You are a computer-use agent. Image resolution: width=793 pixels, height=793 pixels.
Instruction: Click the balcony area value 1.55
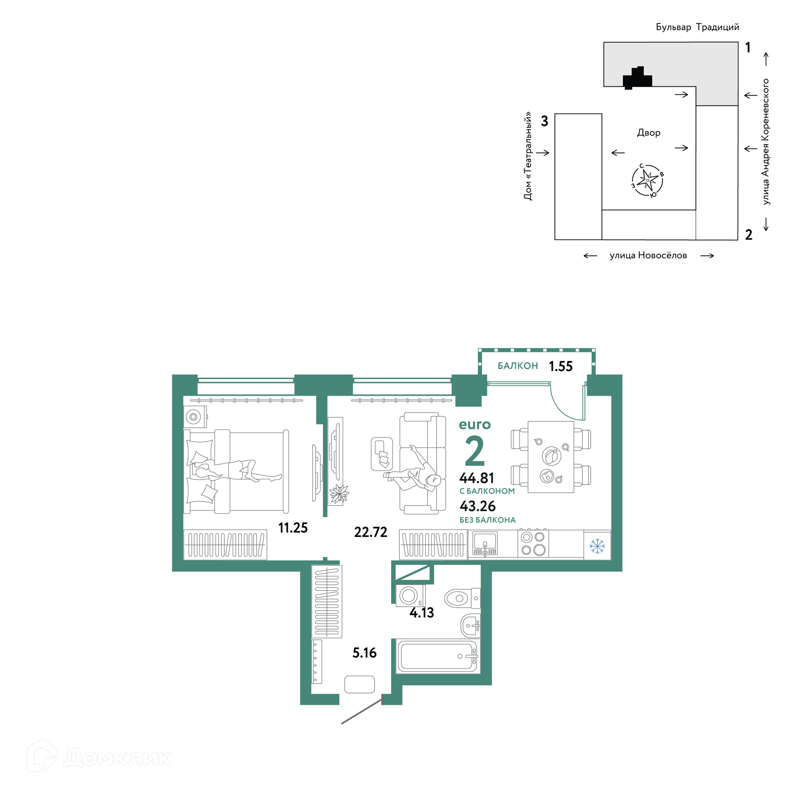click(x=560, y=366)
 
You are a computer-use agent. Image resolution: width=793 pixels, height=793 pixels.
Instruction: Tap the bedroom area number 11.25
click(x=293, y=527)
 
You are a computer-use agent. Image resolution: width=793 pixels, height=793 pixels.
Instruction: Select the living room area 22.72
click(x=370, y=532)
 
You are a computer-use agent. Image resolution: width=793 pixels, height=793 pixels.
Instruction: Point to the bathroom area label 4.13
click(x=422, y=613)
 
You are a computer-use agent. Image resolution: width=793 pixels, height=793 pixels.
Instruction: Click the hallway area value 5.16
click(x=364, y=653)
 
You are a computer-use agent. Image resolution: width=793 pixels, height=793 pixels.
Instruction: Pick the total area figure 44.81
click(x=477, y=478)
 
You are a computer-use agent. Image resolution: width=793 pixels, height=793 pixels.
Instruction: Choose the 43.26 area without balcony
click(x=477, y=506)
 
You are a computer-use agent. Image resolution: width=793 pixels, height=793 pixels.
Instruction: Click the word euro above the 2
click(x=475, y=425)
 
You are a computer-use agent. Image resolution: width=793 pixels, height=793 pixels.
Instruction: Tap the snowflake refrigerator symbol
click(x=597, y=546)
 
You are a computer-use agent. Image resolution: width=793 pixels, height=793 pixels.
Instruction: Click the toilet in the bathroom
click(x=462, y=598)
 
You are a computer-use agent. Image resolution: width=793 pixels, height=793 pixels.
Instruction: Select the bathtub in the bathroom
click(x=438, y=656)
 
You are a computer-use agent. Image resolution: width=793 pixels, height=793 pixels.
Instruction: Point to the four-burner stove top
click(x=533, y=544)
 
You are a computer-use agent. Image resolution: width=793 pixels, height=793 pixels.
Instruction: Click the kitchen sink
click(x=485, y=544)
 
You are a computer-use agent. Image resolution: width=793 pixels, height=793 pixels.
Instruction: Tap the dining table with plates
click(x=551, y=457)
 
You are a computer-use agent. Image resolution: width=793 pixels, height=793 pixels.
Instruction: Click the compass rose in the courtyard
click(x=647, y=180)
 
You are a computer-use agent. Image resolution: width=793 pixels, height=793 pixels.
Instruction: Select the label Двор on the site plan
click(x=649, y=133)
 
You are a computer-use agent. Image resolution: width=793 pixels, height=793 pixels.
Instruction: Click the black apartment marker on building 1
click(x=637, y=78)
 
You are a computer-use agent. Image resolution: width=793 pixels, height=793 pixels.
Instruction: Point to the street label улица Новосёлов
click(x=648, y=255)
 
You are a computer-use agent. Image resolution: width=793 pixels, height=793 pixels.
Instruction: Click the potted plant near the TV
click(x=339, y=494)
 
